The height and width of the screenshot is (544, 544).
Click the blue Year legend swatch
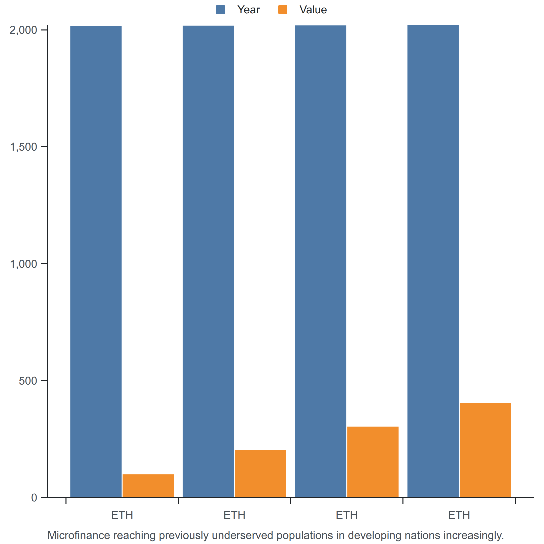(220, 10)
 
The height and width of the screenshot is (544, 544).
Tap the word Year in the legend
(248, 10)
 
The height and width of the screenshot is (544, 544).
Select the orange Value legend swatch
(283, 10)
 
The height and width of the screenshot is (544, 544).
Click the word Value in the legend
(313, 10)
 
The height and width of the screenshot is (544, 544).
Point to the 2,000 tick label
(23, 30)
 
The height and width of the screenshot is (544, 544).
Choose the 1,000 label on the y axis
(23, 264)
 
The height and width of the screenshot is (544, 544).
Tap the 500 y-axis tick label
(28, 381)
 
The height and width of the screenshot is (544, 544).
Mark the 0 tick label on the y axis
(34, 498)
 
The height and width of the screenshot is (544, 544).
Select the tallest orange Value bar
(485, 450)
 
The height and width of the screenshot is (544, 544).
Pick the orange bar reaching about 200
(260, 474)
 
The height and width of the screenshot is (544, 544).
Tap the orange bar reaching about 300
(373, 462)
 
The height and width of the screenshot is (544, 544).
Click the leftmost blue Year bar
(96, 262)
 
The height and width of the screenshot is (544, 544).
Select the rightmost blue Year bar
(433, 261)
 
